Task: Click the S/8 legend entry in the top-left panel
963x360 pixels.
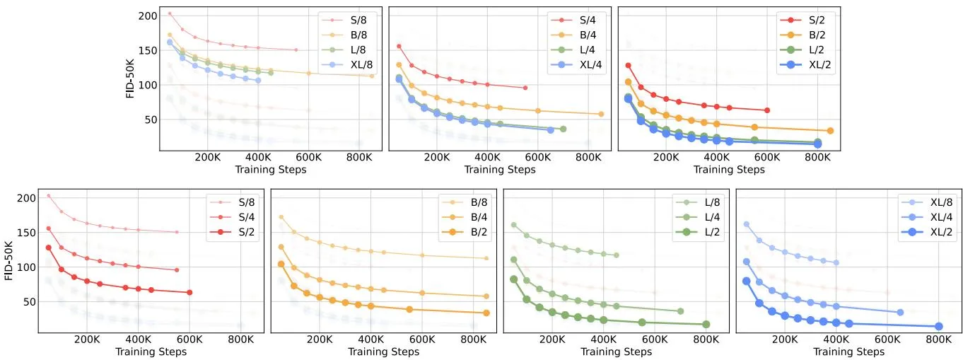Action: tap(344, 20)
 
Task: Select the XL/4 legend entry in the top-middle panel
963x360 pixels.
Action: tap(576, 64)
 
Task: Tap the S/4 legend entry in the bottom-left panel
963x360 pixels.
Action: tap(232, 217)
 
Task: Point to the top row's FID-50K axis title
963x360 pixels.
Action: tap(130, 79)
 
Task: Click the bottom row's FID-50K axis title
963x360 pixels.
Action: tap(8, 261)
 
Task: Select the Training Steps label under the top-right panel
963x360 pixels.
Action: tap(729, 170)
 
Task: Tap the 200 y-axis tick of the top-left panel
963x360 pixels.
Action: tap(148, 16)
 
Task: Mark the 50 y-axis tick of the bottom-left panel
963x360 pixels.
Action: tap(29, 302)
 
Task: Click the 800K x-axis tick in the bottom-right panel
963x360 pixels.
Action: tap(939, 339)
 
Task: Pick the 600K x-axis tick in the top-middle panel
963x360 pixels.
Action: tap(538, 158)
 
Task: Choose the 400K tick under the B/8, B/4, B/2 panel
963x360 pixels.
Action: tap(370, 339)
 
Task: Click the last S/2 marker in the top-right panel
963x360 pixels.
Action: tap(767, 110)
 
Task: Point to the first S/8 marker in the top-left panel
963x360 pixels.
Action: tap(170, 13)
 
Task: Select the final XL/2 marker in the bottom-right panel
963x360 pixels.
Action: tap(939, 327)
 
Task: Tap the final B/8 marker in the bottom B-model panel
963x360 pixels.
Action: tap(486, 258)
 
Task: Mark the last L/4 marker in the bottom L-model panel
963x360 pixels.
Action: tap(681, 311)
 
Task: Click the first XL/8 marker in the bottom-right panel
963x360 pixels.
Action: tap(747, 224)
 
